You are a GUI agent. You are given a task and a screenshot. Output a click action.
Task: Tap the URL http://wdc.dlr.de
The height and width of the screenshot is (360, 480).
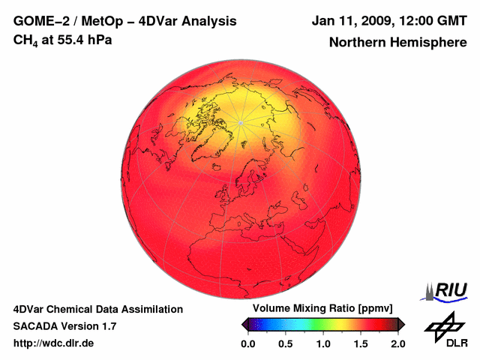pyautogui.click(x=54, y=343)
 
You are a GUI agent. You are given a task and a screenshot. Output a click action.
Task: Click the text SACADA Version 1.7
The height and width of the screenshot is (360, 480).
pyautogui.click(x=64, y=326)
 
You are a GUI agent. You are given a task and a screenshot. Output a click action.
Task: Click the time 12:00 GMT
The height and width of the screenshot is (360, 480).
pyautogui.click(x=435, y=20)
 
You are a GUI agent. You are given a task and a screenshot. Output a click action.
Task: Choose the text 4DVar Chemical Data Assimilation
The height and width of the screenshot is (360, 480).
pyautogui.click(x=97, y=309)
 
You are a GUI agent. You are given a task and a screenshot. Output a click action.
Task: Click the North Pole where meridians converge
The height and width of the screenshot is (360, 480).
pyautogui.click(x=240, y=122)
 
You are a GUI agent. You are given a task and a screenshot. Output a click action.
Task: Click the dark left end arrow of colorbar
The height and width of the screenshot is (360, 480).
pyautogui.click(x=245, y=324)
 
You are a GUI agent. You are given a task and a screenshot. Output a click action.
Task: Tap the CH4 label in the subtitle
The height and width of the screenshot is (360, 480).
pyautogui.click(x=25, y=40)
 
